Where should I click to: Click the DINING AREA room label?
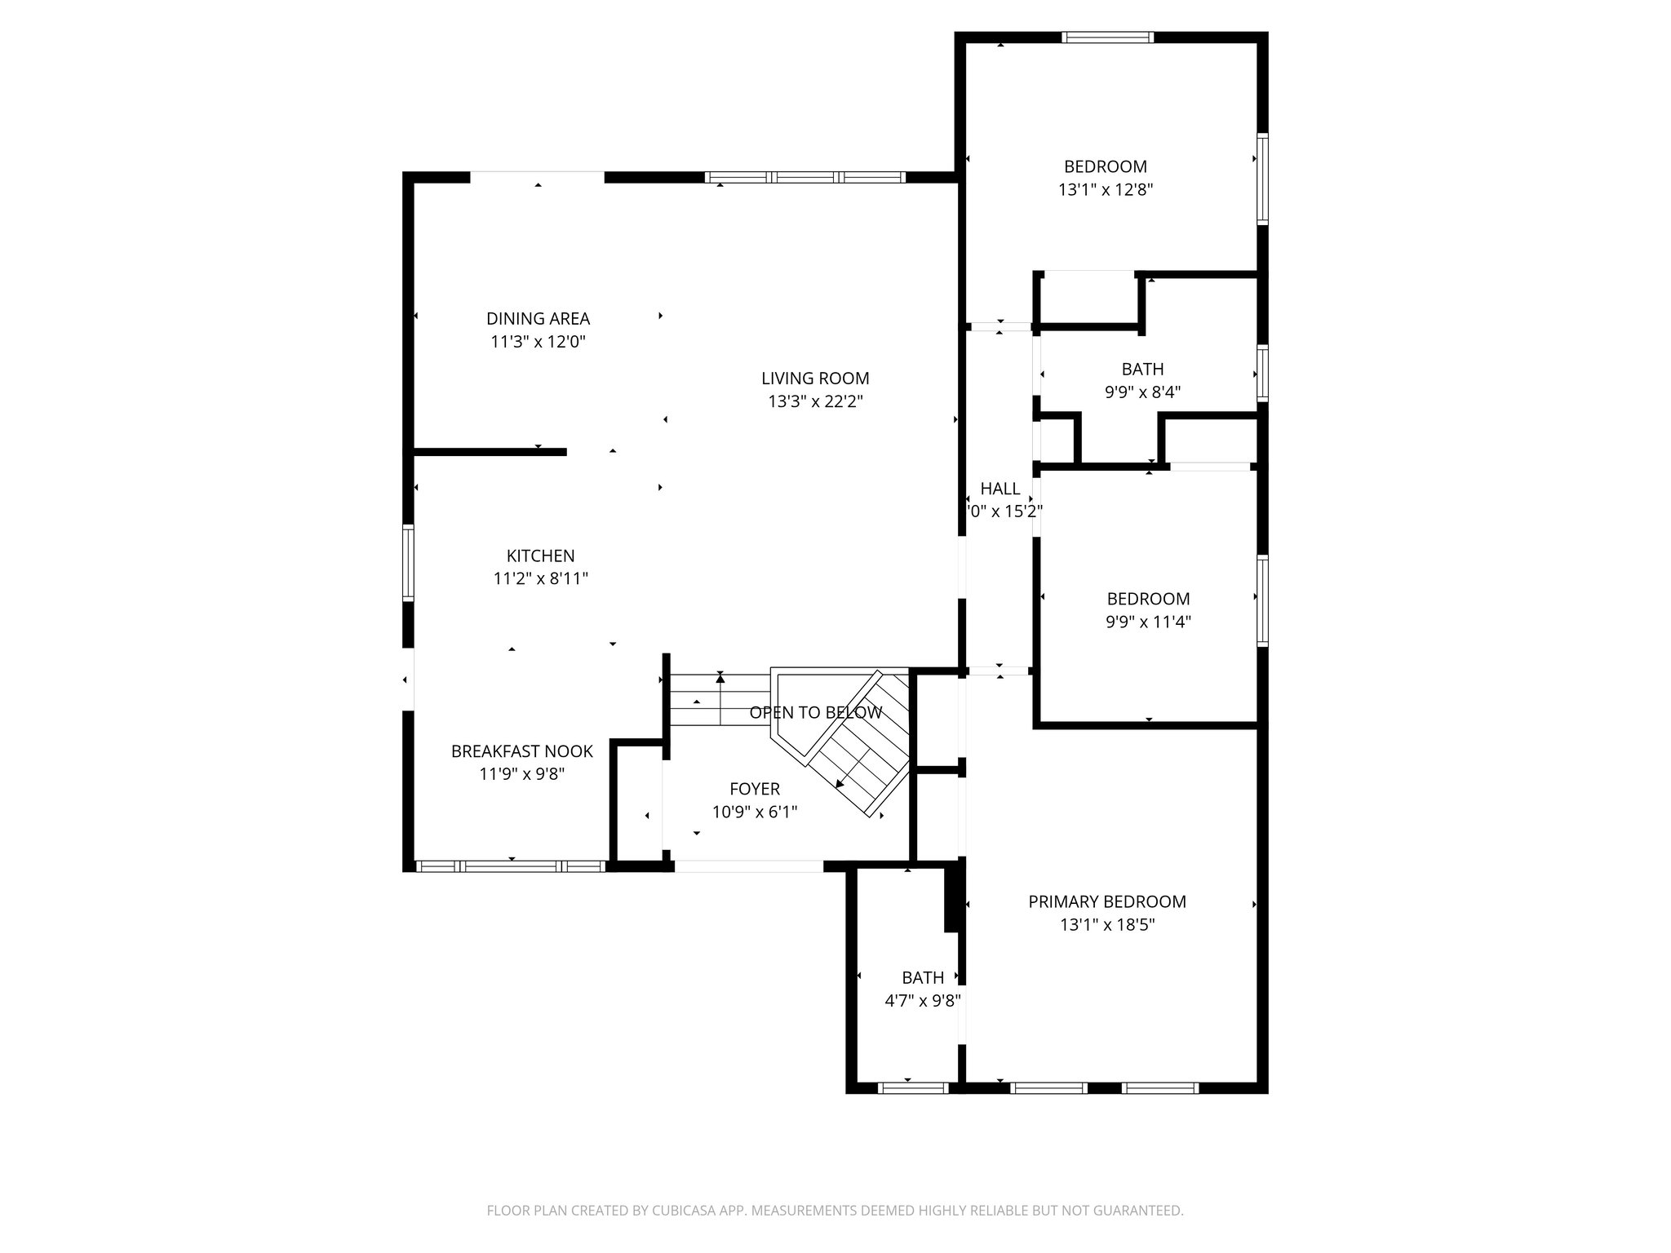(x=538, y=319)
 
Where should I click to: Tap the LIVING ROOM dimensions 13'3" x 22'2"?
(x=815, y=401)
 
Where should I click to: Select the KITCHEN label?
(x=540, y=556)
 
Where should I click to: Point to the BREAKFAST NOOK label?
(x=522, y=751)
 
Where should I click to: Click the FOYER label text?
(x=754, y=789)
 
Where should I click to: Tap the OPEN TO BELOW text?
(x=815, y=712)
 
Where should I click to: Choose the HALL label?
(x=999, y=489)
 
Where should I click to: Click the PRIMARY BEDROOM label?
(x=1106, y=901)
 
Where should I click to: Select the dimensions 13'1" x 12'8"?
(x=1105, y=190)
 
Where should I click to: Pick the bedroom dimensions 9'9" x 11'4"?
(x=1148, y=622)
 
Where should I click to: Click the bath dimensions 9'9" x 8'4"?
(x=1142, y=392)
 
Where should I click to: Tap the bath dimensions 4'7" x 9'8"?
(x=922, y=1001)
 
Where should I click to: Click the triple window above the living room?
(x=805, y=177)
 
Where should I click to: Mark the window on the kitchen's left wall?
(x=408, y=564)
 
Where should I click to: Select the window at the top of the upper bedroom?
(x=1107, y=37)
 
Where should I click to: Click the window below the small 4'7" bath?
(x=913, y=1087)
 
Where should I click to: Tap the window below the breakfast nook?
(x=511, y=866)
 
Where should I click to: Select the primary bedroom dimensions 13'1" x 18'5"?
(x=1106, y=925)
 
